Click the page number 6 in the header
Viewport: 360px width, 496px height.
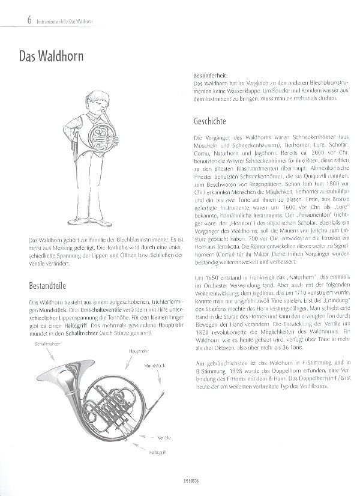(12, 22)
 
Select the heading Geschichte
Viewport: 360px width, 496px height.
(210, 120)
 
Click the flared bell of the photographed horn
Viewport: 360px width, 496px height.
(58, 390)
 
